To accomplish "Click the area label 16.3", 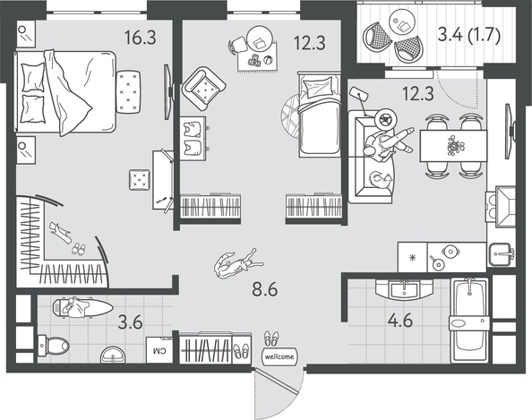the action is (x=140, y=38).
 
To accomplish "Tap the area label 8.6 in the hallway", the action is (x=264, y=289).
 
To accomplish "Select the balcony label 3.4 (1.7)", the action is (x=469, y=35).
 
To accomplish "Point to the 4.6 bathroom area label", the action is (x=400, y=320).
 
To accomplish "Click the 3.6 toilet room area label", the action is (x=130, y=322).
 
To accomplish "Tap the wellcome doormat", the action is (x=279, y=357).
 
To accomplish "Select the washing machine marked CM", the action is (x=159, y=350).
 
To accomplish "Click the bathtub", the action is (x=469, y=321).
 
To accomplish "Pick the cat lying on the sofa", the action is (x=381, y=180).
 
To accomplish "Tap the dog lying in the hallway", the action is (x=237, y=263).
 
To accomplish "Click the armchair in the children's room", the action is (x=203, y=88).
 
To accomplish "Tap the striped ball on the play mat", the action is (x=269, y=60).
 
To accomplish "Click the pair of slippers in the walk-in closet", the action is (x=79, y=249).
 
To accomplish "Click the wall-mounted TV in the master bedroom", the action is (x=168, y=92).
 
